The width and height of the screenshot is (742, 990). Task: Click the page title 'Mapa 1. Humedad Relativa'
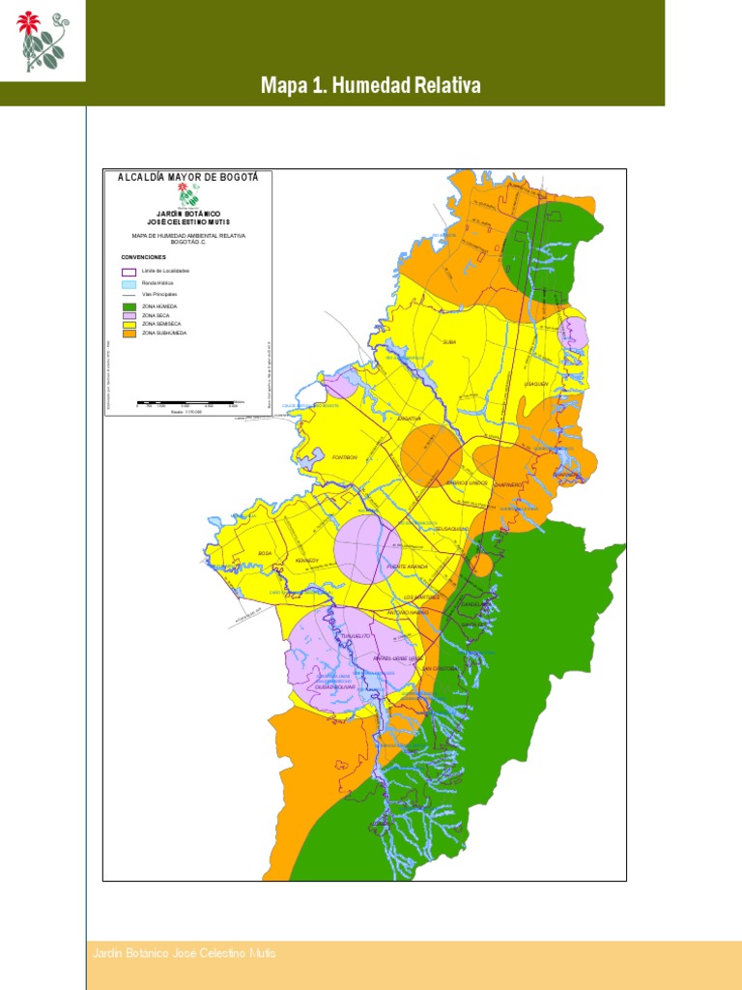click(370, 86)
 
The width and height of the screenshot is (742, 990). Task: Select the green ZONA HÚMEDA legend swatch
click(128, 306)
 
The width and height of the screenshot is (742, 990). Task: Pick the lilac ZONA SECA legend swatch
click(128, 315)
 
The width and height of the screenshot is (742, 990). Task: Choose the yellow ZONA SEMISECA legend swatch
click(128, 324)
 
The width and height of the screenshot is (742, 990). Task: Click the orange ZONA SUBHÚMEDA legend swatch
click(128, 333)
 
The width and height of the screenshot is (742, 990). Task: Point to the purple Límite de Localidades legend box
click(128, 272)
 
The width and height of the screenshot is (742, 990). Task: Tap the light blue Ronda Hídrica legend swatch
click(128, 284)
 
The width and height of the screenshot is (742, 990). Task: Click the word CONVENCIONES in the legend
click(143, 258)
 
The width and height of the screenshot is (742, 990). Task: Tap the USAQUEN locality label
click(536, 384)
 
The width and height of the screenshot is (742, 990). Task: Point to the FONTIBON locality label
click(345, 456)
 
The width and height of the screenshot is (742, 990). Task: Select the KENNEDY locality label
click(307, 560)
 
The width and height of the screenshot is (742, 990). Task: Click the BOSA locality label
click(265, 553)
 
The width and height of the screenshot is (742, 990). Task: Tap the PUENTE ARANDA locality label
click(407, 566)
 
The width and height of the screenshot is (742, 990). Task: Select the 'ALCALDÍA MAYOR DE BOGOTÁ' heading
click(187, 177)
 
